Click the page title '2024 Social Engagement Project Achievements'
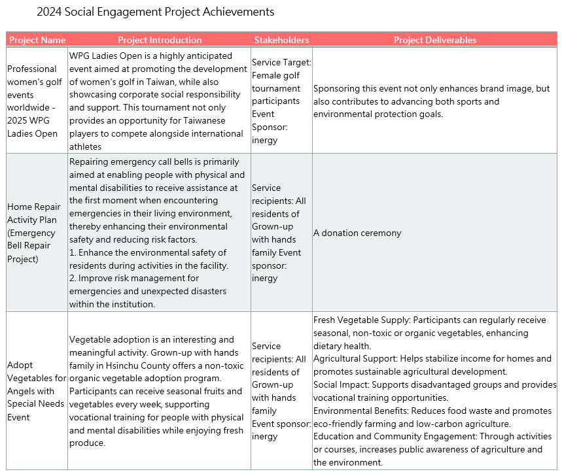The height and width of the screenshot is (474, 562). pos(156,12)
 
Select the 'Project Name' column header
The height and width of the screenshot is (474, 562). pos(37,40)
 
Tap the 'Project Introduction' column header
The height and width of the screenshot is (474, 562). pos(160,40)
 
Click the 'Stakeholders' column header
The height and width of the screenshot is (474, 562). pos(281,40)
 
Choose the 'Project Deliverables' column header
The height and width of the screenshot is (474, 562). pos(435,40)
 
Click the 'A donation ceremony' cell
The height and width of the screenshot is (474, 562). pos(357,233)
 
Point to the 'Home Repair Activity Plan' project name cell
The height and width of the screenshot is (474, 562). pos(34,233)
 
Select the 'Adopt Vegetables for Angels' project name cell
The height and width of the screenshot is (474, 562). pos(37,391)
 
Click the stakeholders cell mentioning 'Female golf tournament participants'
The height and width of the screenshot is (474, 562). pos(281,101)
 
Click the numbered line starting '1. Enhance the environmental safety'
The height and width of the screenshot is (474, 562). pos(147,252)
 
